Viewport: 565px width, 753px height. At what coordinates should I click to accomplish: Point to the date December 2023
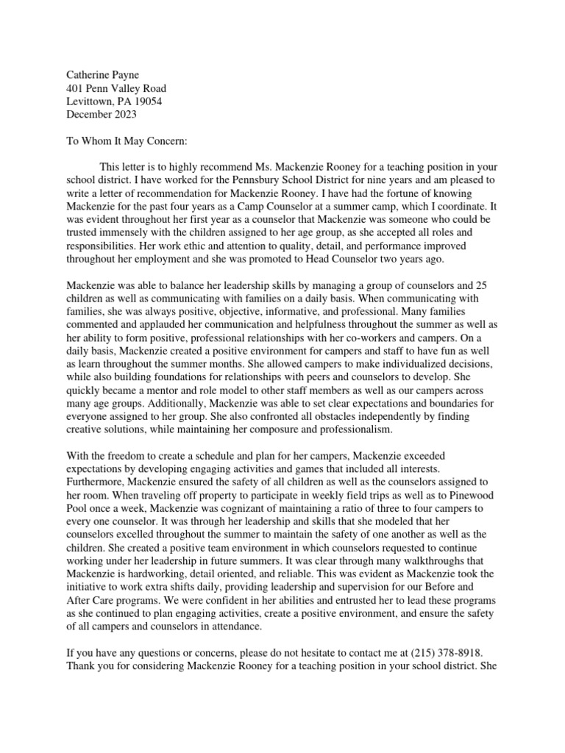(x=102, y=115)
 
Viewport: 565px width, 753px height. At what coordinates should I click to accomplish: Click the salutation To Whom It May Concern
(x=127, y=141)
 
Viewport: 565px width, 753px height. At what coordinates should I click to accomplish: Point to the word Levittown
(x=91, y=101)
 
